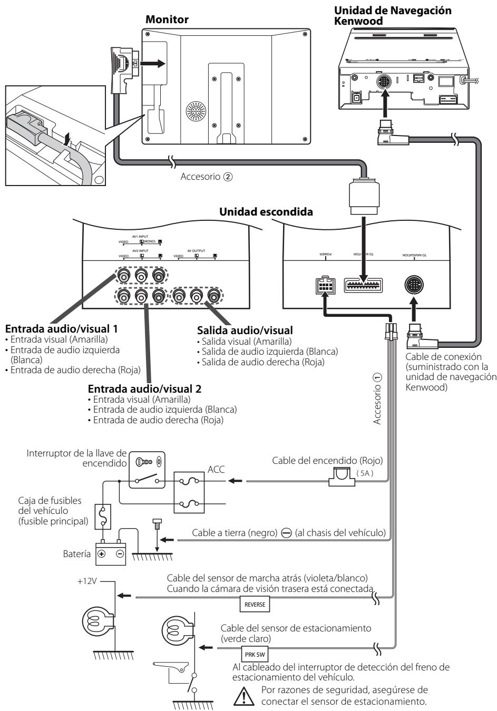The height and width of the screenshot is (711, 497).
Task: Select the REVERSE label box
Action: point(255,605)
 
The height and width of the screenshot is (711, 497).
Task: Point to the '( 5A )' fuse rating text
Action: point(364,473)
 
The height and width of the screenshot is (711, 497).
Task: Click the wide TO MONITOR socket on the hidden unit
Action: point(363,285)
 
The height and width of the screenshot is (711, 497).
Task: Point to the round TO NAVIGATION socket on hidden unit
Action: point(414,285)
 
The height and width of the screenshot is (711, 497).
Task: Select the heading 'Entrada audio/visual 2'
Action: point(145,389)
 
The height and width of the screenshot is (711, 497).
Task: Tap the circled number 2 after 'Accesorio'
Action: point(227,177)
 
